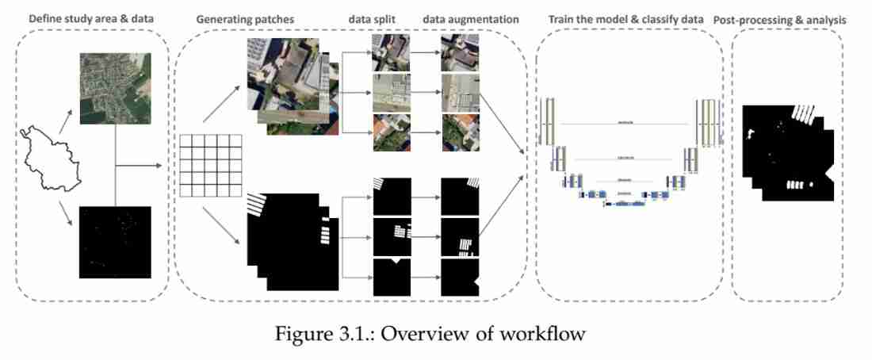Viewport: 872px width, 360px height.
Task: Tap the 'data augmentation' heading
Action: pos(471,18)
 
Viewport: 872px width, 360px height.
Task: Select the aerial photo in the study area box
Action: pos(115,87)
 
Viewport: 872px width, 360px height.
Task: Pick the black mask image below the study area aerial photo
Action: pos(115,241)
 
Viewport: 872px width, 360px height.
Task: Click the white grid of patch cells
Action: pos(208,166)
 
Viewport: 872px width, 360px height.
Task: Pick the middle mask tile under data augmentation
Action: pos(461,237)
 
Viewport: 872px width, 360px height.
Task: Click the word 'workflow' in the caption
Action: pos(547,334)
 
